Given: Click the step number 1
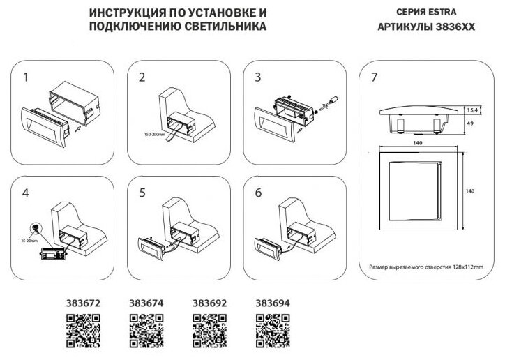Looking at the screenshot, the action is point(27,77).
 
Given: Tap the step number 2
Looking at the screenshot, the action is point(142,77).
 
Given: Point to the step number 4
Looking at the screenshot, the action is point(27,193).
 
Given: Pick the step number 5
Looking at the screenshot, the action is point(142,193).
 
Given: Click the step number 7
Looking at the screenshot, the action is point(375,77).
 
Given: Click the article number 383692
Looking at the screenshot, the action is point(208,303).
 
